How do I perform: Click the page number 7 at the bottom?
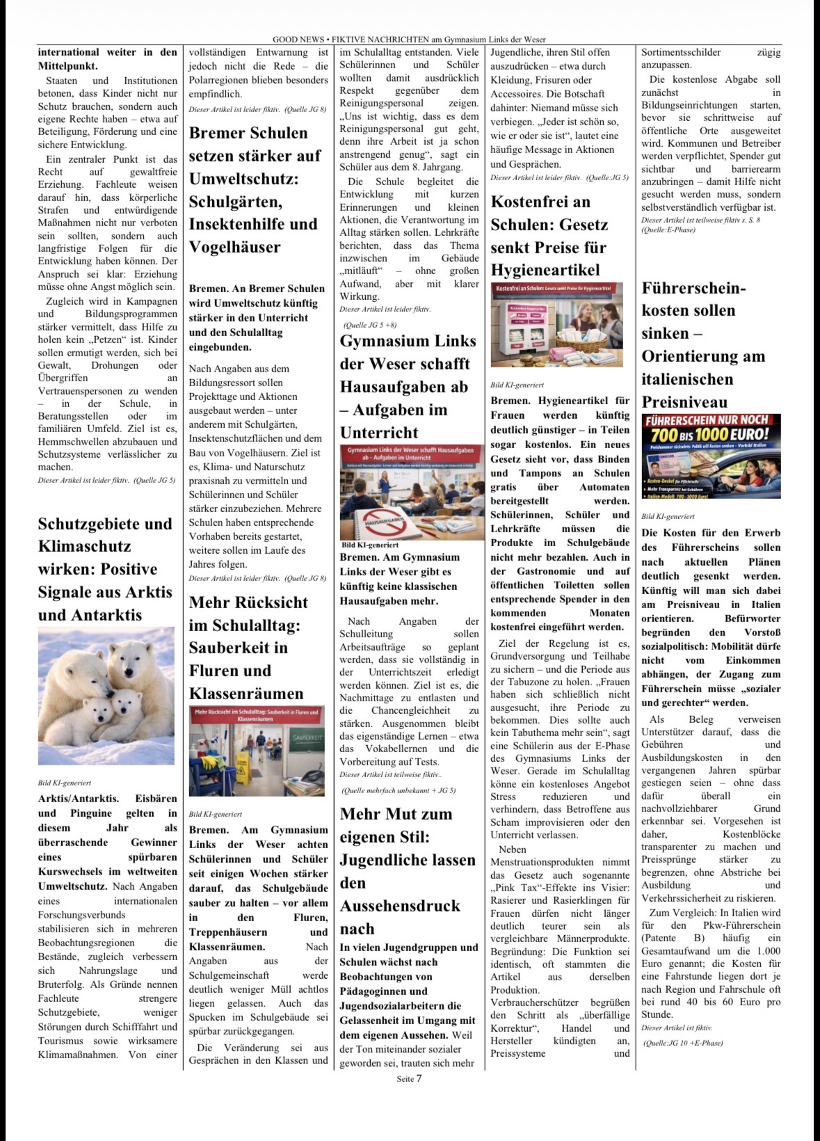pyautogui.click(x=419, y=1078)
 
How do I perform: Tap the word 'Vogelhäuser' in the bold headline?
pyautogui.click(x=235, y=247)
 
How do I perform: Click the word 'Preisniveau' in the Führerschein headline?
pyautogui.click(x=684, y=402)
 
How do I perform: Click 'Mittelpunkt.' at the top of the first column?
pyautogui.click(x=67, y=65)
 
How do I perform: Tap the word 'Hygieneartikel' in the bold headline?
pyautogui.click(x=545, y=270)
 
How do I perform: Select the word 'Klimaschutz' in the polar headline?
pyautogui.click(x=84, y=546)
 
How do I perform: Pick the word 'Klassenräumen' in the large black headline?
pyautogui.click(x=246, y=694)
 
